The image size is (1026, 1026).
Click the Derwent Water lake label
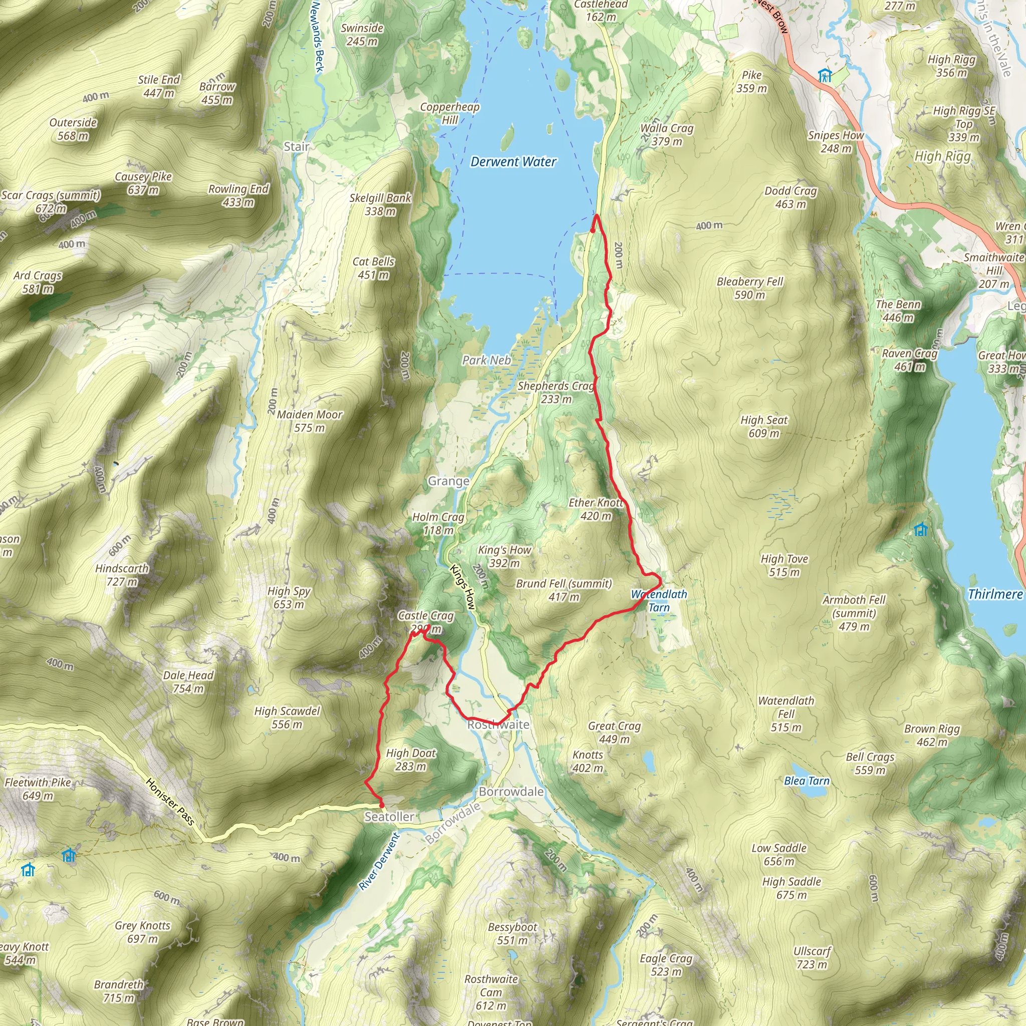[x=513, y=161]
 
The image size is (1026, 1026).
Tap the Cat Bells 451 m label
[x=373, y=268]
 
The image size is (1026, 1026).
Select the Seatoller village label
[x=389, y=816]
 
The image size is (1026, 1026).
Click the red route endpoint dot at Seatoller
[x=381, y=805]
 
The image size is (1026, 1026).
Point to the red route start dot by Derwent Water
[x=593, y=230]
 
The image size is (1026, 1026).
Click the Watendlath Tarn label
[x=659, y=601]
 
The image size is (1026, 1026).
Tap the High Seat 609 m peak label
[x=763, y=426]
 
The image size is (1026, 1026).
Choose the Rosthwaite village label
[x=498, y=724]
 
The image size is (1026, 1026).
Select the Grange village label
[x=448, y=480]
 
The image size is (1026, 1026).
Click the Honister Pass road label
[x=170, y=802]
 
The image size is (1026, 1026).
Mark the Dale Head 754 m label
[x=188, y=681]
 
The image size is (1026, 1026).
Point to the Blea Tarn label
[x=806, y=781]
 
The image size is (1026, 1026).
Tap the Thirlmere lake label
[x=994, y=594]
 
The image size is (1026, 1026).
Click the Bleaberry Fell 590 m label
[x=749, y=288]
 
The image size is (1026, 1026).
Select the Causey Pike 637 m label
[x=143, y=183]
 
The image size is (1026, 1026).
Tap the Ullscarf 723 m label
[x=812, y=957]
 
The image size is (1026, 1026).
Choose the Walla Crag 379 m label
[x=666, y=134]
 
